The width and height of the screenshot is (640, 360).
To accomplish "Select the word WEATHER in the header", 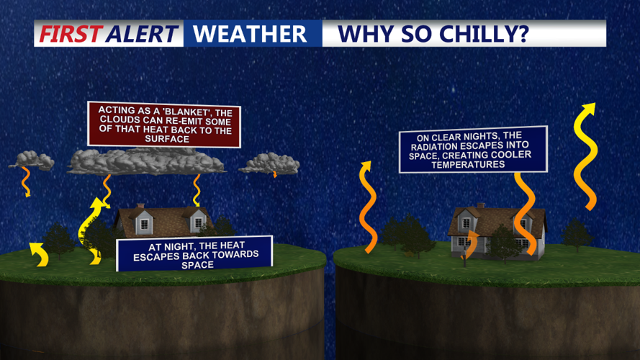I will point(250,34).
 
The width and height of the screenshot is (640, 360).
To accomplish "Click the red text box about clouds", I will point(163,125).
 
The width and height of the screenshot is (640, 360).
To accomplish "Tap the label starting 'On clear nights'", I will point(473,150).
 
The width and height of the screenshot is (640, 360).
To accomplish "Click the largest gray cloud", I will point(146,162).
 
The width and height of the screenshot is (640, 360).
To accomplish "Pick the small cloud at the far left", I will point(32,160).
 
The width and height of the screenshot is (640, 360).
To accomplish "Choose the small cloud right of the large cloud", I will point(269,163).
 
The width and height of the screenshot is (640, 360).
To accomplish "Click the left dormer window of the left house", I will point(144,223).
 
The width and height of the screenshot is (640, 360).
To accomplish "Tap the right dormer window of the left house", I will point(197,224).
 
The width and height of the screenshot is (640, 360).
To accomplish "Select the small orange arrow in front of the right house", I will point(470,243).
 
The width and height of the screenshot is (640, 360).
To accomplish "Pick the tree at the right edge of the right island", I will point(577,234).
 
